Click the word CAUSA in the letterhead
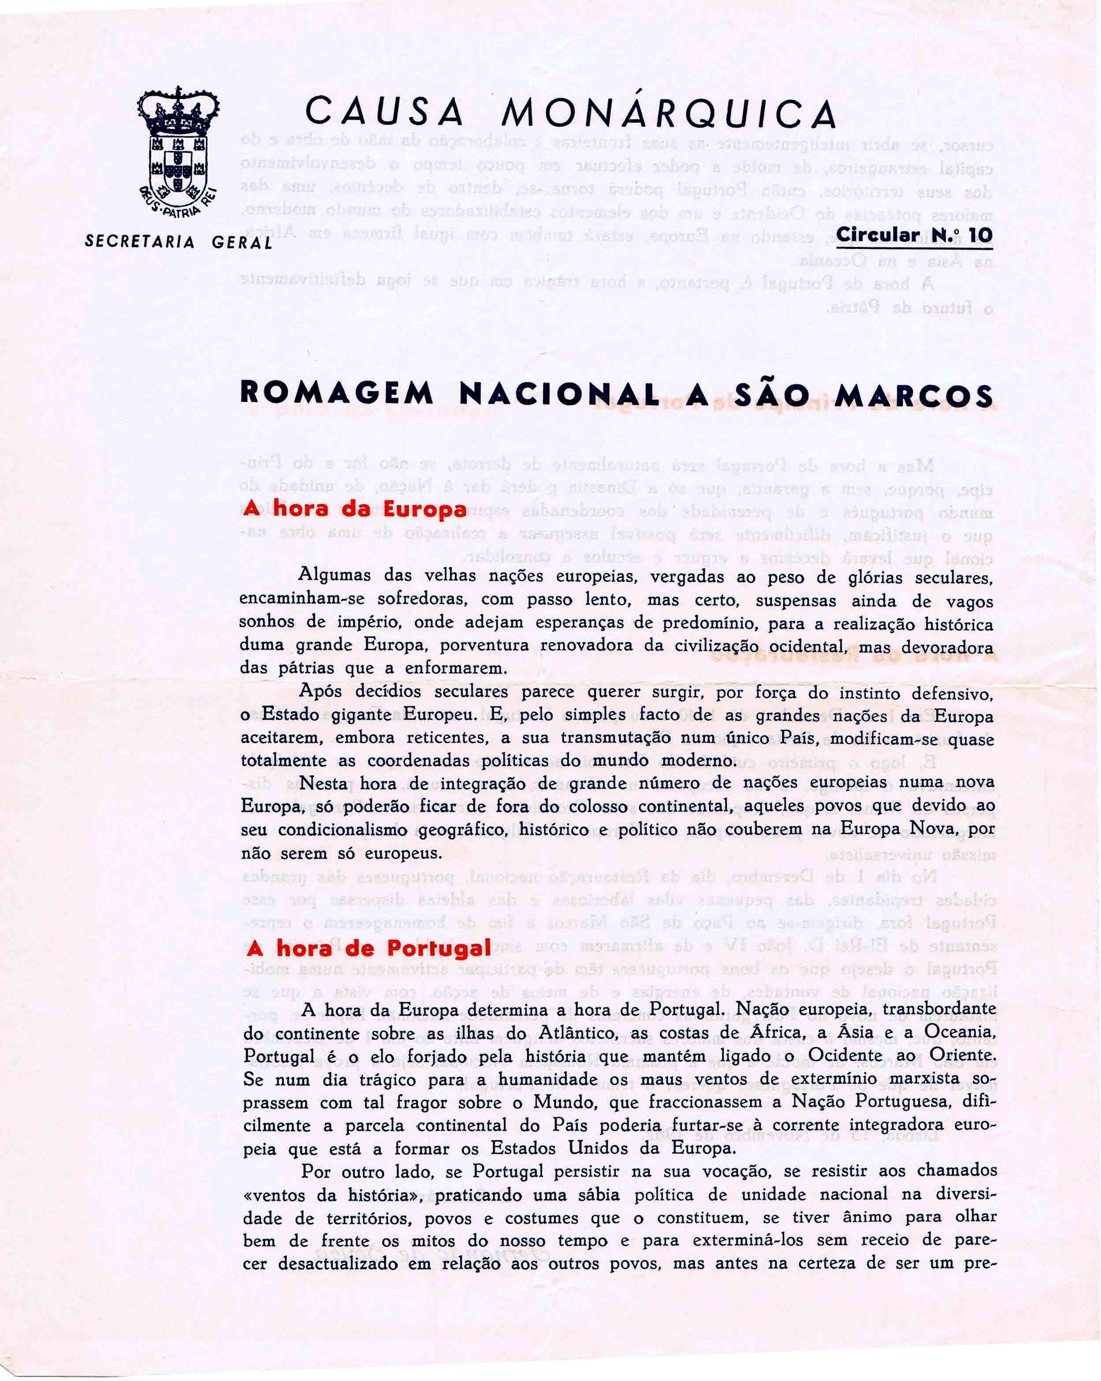(384, 113)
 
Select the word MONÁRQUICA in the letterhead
(669, 113)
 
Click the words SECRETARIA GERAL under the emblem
(179, 242)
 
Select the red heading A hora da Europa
(355, 509)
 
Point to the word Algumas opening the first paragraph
(334, 575)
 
